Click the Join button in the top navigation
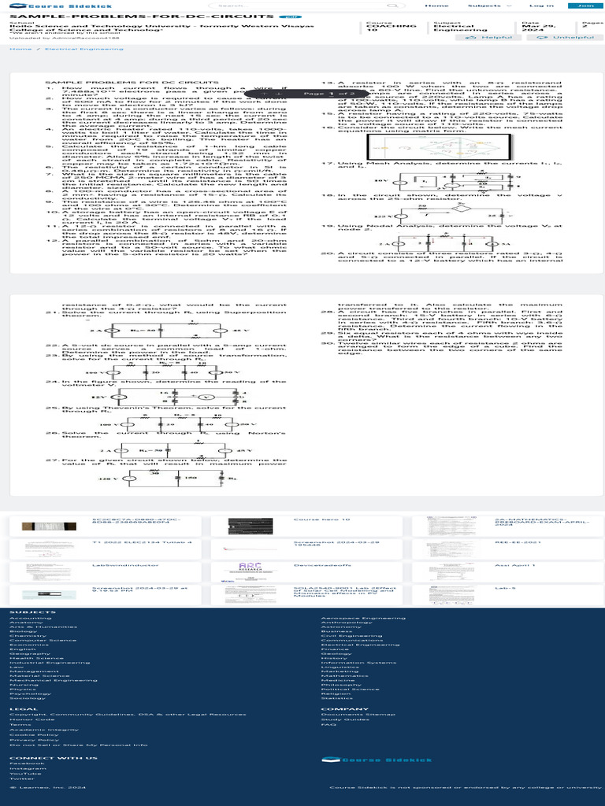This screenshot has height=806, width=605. point(585,6)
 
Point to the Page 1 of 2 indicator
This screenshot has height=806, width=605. point(318,94)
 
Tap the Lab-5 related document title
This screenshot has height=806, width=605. point(505,588)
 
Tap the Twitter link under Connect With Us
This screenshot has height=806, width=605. point(22,778)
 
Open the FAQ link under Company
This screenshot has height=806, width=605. point(329,724)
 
